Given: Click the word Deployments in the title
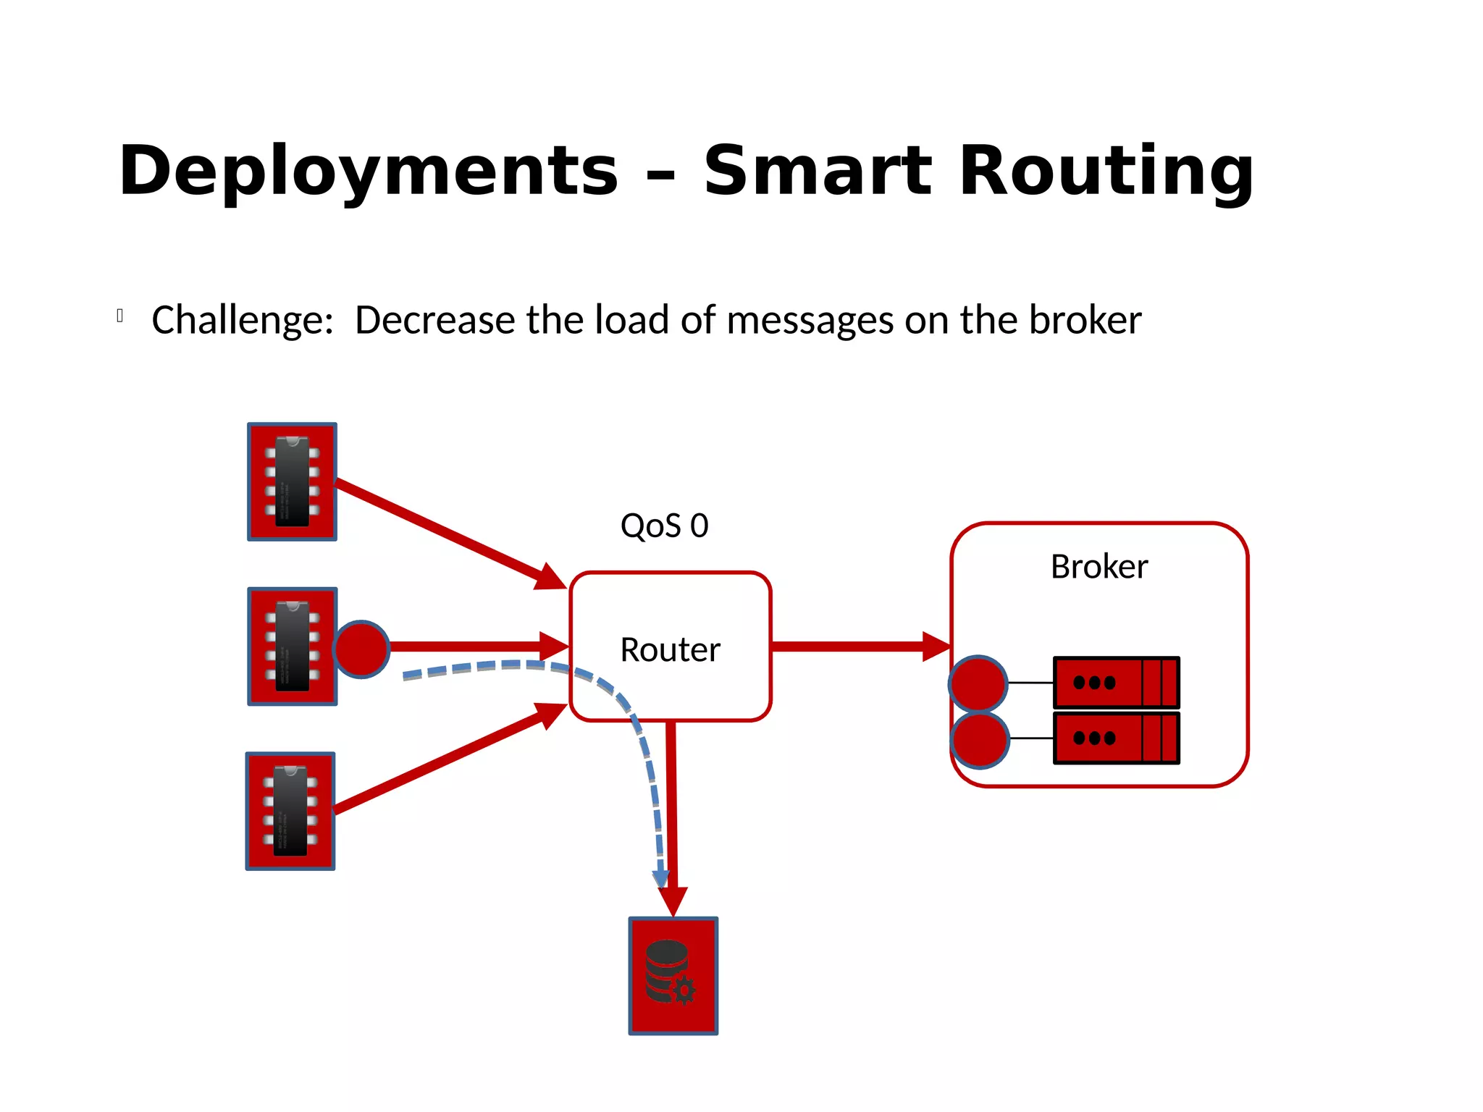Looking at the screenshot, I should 368,172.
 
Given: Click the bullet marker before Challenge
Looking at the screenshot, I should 120,316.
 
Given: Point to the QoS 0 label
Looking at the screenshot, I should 664,526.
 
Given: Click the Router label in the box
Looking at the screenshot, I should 670,649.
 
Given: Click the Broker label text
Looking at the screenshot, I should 1098,566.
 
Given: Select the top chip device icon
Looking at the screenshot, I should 292,481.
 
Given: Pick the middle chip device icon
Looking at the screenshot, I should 292,646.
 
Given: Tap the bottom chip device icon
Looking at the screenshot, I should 290,811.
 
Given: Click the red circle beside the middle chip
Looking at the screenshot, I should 361,649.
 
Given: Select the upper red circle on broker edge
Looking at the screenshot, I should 978,683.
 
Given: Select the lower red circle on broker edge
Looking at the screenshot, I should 979,739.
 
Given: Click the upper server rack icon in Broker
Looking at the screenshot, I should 1116,682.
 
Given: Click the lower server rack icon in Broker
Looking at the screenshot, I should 1116,738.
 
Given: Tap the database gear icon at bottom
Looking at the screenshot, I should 673,975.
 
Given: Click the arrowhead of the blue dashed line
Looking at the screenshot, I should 660,878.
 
